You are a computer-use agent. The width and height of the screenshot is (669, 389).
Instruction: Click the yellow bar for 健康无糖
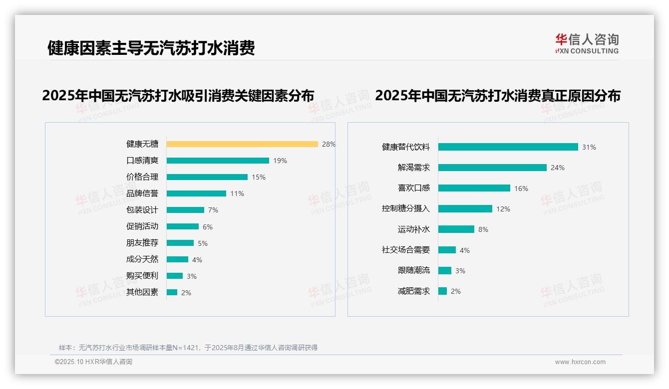click(242, 144)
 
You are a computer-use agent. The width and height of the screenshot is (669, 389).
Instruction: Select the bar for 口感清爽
click(218, 161)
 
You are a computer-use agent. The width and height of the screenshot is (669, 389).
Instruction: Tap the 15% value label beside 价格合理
click(259, 177)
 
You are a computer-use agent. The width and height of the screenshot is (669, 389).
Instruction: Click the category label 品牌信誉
click(142, 194)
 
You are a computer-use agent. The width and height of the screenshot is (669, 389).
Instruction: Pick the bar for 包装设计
click(185, 210)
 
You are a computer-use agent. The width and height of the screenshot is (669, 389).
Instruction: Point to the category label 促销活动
click(142, 226)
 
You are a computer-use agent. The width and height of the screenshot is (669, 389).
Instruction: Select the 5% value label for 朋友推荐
click(203, 243)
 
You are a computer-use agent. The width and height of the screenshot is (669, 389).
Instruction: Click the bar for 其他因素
click(172, 292)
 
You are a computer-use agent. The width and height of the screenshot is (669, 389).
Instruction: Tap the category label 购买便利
click(142, 276)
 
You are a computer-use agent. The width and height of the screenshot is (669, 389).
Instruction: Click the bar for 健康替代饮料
click(508, 147)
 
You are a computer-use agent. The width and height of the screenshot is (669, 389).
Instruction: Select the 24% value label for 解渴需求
click(558, 168)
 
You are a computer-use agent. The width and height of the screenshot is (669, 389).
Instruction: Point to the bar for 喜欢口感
click(474, 188)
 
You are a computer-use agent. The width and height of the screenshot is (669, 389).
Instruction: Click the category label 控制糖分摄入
click(406, 209)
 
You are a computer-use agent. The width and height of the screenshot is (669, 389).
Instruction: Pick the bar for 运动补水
click(456, 229)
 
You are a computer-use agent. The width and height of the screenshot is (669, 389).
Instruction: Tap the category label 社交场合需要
click(406, 250)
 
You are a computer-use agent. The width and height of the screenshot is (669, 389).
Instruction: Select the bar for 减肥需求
click(442, 291)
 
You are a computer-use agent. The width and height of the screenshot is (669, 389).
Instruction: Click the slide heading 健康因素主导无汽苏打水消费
click(151, 48)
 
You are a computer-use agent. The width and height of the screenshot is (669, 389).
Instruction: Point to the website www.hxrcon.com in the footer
click(580, 362)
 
